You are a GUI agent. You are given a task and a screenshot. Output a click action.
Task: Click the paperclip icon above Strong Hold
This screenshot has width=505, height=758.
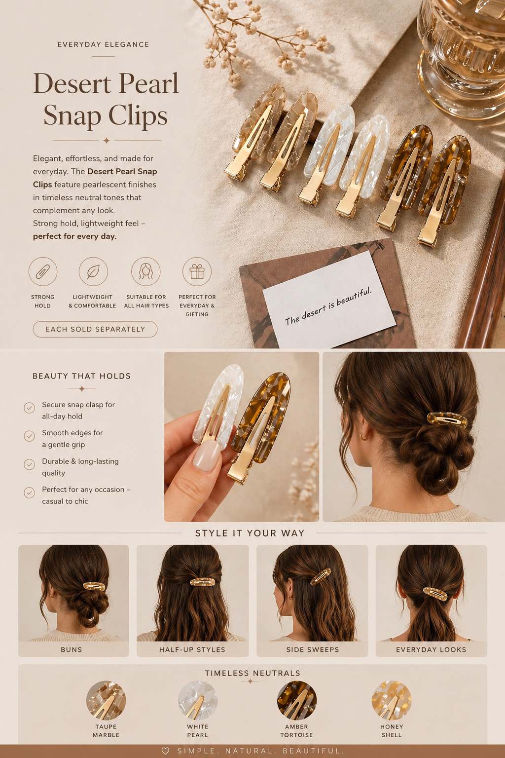click(43, 271)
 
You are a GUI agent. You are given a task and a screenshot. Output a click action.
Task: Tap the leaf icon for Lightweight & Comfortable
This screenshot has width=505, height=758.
click(93, 271)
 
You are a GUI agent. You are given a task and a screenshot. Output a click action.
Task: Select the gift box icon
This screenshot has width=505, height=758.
click(197, 271)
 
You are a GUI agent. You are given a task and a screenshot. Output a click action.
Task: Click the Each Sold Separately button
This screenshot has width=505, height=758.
click(95, 329)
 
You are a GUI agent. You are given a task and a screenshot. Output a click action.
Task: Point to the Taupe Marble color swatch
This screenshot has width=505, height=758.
click(106, 700)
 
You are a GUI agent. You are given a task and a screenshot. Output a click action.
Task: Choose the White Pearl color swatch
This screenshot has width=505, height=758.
click(198, 700)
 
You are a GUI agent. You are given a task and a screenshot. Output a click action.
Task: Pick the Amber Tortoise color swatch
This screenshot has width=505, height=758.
click(297, 700)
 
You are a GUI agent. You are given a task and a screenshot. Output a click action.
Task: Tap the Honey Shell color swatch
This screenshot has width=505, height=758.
click(392, 700)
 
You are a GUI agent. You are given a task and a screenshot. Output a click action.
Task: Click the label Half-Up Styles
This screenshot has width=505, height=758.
click(192, 649)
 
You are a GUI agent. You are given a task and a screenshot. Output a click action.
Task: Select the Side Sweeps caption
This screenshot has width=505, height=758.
click(313, 649)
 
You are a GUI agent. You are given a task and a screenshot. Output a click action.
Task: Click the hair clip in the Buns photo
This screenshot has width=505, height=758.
click(94, 586)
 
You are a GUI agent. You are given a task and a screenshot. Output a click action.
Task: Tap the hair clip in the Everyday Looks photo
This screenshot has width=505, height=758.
click(434, 594)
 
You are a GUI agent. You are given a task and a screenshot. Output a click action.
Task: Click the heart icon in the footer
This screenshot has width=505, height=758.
click(165, 751)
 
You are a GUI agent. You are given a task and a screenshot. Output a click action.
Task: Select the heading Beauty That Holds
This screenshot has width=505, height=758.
click(81, 376)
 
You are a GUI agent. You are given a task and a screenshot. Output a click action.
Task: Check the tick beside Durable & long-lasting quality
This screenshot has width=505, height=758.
click(30, 464)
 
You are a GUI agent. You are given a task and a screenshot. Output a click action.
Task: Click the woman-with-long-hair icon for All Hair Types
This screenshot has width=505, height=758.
click(146, 271)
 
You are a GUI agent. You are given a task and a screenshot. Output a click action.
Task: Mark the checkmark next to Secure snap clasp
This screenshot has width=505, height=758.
click(30, 408)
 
